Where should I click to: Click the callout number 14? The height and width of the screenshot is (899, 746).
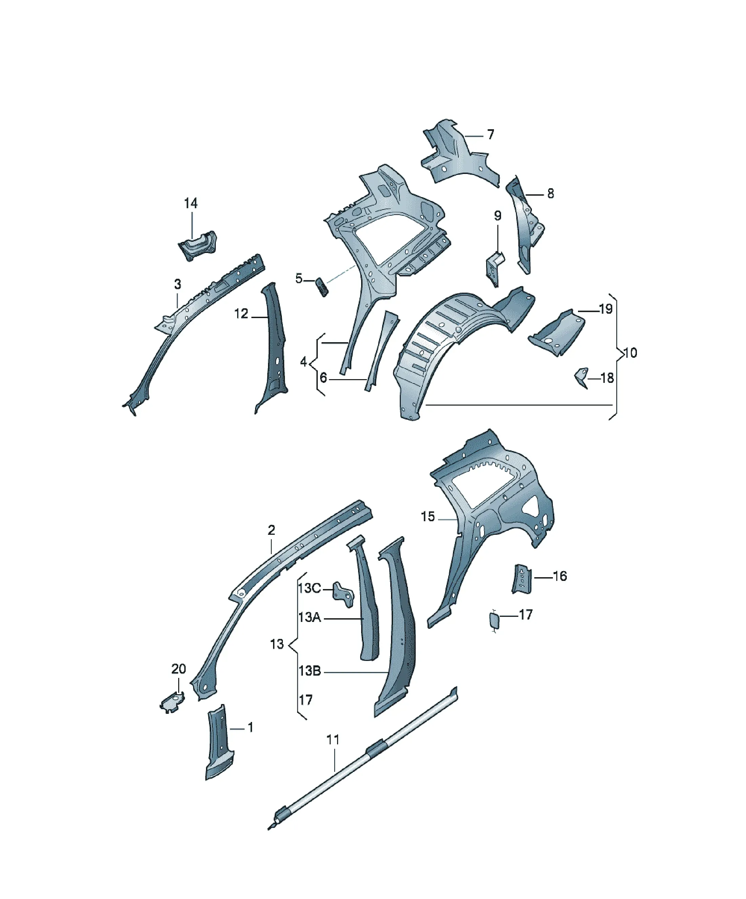(x=191, y=203)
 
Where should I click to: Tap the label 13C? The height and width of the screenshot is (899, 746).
(x=309, y=588)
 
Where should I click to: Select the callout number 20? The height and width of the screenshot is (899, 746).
(x=179, y=669)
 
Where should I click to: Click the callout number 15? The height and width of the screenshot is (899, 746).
(x=428, y=517)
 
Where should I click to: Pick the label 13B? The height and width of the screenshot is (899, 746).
(x=310, y=670)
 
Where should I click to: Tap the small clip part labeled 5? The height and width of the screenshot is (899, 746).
(x=322, y=287)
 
